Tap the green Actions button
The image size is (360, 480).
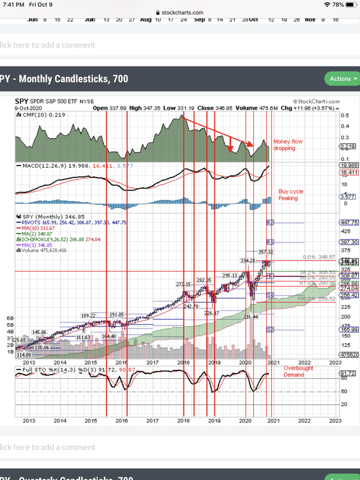[x=341, y=79]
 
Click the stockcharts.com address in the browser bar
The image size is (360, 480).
[x=179, y=12]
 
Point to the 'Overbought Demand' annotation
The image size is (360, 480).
[x=298, y=371]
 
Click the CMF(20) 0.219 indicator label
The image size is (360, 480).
[x=42, y=114]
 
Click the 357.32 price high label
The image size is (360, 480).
[x=264, y=252]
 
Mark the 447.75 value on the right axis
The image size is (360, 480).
[x=350, y=222]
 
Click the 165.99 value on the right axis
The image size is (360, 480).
[x=350, y=329]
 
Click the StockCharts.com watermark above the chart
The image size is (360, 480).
[x=323, y=102]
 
